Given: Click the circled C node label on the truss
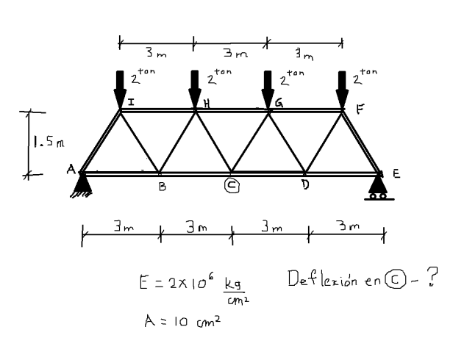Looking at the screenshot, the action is (x=231, y=187).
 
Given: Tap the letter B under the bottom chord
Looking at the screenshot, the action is (x=163, y=188).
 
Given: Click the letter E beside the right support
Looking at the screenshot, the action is (x=396, y=175).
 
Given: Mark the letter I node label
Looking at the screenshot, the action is (x=130, y=103).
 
